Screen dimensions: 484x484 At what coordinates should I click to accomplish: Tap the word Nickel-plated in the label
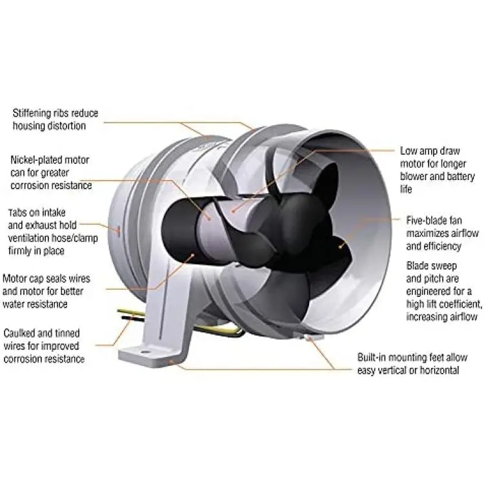(39, 159)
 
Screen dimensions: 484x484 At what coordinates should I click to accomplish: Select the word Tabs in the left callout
(19, 212)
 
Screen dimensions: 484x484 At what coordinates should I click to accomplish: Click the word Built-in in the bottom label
(376, 356)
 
